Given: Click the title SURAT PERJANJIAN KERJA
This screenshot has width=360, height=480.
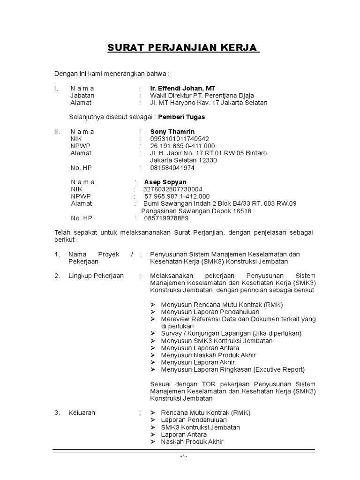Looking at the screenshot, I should coord(184,48).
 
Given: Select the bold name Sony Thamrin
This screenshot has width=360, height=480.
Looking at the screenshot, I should coord(172,132).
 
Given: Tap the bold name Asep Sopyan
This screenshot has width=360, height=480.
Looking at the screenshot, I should coord(165,182).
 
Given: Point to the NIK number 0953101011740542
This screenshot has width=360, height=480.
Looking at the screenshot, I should coord(180,139).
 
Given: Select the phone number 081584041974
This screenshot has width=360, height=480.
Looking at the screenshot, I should coord(172,167).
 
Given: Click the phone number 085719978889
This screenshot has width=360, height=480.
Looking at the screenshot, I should coord(166,218).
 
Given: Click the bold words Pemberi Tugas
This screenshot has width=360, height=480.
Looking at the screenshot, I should coord(182,117).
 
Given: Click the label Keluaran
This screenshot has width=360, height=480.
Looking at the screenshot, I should coord(82,412).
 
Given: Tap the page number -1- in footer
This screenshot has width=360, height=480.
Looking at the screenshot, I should coord(184,457).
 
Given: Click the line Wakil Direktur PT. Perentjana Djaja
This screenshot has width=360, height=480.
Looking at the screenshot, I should coord(202,95).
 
